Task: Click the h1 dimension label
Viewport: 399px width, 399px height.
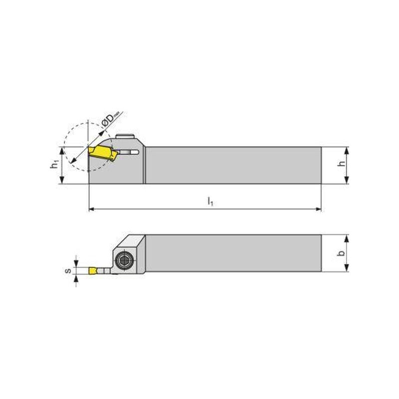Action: pyautogui.click(x=54, y=166)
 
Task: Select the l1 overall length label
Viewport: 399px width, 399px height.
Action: pyautogui.click(x=210, y=201)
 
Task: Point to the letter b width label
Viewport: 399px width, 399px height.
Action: pyautogui.click(x=342, y=253)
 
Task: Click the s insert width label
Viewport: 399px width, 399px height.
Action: pyautogui.click(x=68, y=270)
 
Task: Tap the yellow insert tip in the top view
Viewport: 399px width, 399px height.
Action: pyautogui.click(x=92, y=270)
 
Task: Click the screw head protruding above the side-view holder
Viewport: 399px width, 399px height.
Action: pyautogui.click(x=125, y=136)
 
